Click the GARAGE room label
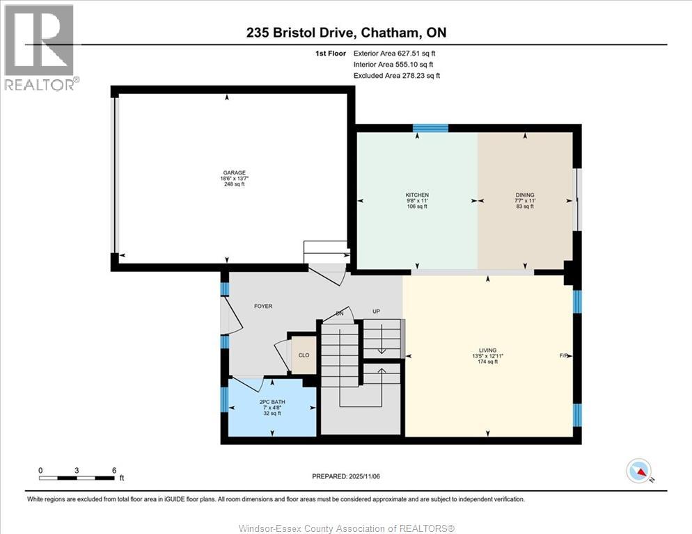(230, 173)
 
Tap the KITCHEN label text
(417, 195)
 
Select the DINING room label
(526, 195)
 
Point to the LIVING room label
(487, 350)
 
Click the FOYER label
(263, 306)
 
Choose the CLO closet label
(304, 355)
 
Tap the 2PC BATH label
(271, 402)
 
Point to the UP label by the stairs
(376, 311)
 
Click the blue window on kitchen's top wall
(430, 127)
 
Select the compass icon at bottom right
(638, 471)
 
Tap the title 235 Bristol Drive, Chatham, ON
(345, 33)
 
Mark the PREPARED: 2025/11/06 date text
(345, 476)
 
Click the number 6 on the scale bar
(113, 470)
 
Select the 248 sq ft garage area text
(230, 185)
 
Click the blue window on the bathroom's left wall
(224, 400)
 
